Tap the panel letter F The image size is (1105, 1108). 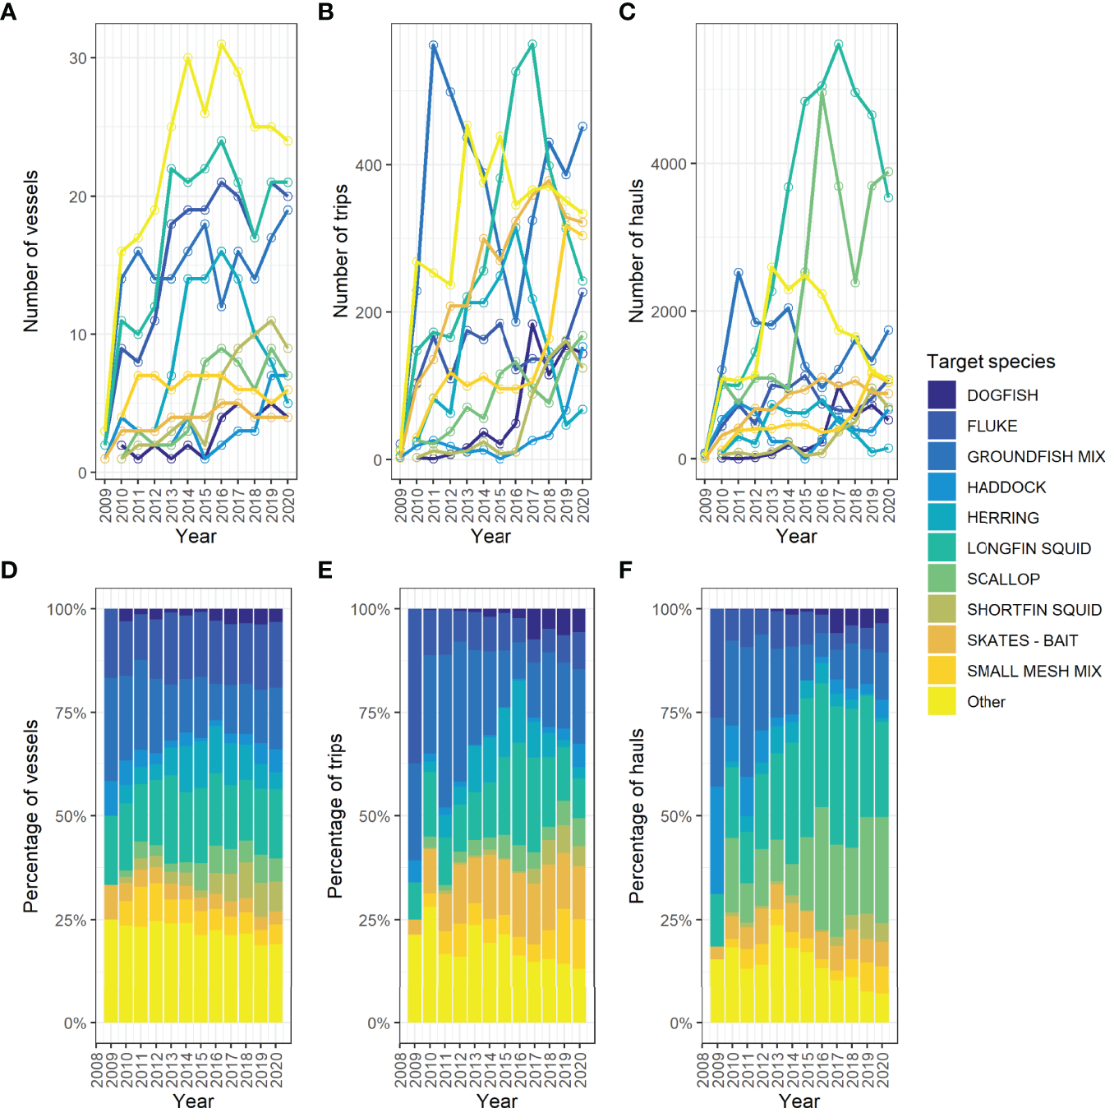[x=626, y=570]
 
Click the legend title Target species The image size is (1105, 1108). [x=991, y=362]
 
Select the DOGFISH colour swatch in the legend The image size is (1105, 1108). [x=942, y=395]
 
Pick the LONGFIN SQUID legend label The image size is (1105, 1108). [x=1029, y=548]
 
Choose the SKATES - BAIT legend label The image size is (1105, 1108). [x=1022, y=640]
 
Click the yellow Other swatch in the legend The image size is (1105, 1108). [x=942, y=701]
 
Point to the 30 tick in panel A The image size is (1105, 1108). [x=78, y=58]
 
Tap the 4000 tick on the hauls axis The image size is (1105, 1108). [x=669, y=164]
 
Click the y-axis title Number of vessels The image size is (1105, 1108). [x=31, y=251]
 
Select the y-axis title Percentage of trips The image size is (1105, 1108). [x=334, y=815]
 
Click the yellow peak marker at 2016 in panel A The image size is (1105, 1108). [x=222, y=44]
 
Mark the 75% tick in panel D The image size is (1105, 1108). [x=71, y=713]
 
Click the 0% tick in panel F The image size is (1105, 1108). [x=681, y=1023]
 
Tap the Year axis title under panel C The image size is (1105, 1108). [x=796, y=537]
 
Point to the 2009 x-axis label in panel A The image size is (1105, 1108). [x=105, y=505]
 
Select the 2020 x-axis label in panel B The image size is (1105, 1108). [x=583, y=505]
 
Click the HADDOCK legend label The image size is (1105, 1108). [x=1006, y=487]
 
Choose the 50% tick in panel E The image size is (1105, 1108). [x=374, y=816]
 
